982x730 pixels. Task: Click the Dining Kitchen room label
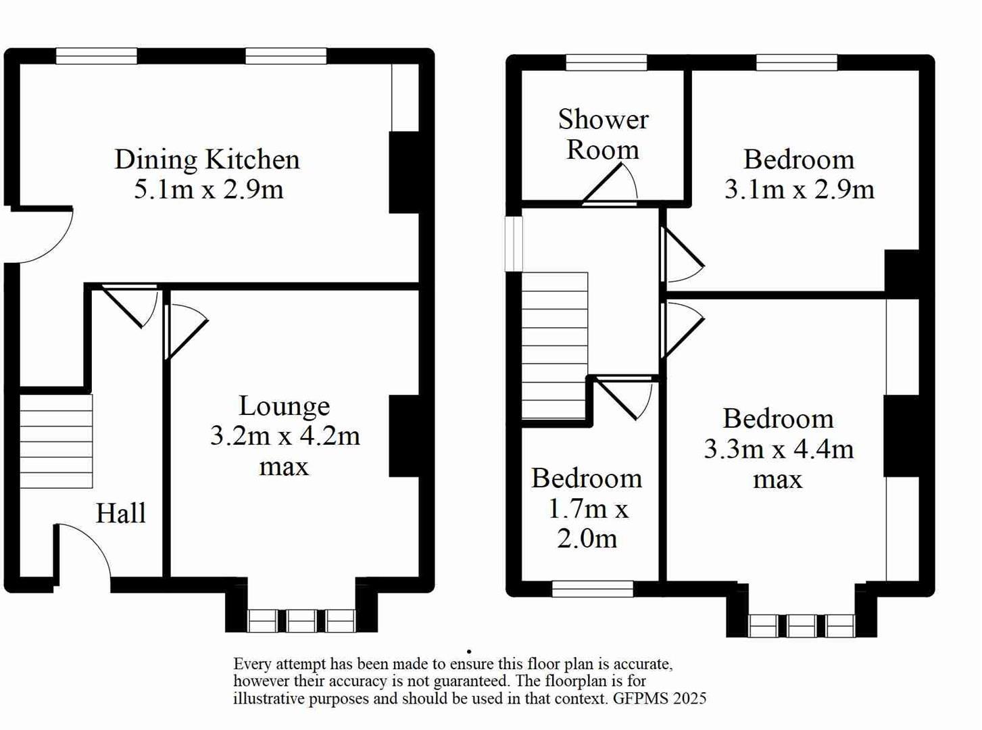point(207,160)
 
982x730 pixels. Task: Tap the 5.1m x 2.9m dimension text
point(208,189)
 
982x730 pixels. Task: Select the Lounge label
point(284,406)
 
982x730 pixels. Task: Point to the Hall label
point(120,513)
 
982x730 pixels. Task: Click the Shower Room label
point(603,134)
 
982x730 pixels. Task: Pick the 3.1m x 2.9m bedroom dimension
point(799,189)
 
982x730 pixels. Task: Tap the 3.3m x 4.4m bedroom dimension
point(779,449)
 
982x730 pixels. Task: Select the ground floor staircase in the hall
point(56,441)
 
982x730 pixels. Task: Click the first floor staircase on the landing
point(554,345)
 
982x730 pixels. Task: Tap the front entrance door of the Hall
point(83,549)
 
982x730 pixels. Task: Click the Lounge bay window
point(301,620)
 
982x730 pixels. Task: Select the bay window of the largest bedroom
point(801,625)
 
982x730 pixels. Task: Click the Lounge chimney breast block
point(404,436)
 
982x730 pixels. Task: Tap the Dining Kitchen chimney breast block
point(404,172)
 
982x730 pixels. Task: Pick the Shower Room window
point(606,63)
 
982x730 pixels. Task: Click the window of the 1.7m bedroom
point(593,588)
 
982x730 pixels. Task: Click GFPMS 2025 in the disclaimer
point(660,699)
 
